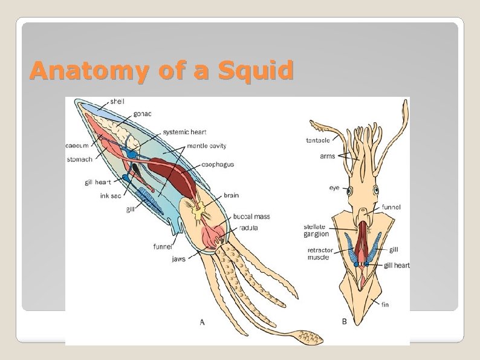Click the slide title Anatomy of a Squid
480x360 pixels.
161,71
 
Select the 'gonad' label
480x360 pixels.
142,114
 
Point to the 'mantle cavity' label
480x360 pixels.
206,145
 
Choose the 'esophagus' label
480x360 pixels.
218,164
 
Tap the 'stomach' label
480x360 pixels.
79,160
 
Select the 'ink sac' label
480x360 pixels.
111,195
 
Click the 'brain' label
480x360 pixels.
231,195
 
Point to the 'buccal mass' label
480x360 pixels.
252,217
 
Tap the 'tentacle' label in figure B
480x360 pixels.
318,140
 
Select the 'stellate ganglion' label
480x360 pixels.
316,231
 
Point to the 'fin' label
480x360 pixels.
385,304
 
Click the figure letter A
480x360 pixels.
202,322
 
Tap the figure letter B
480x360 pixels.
344,322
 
